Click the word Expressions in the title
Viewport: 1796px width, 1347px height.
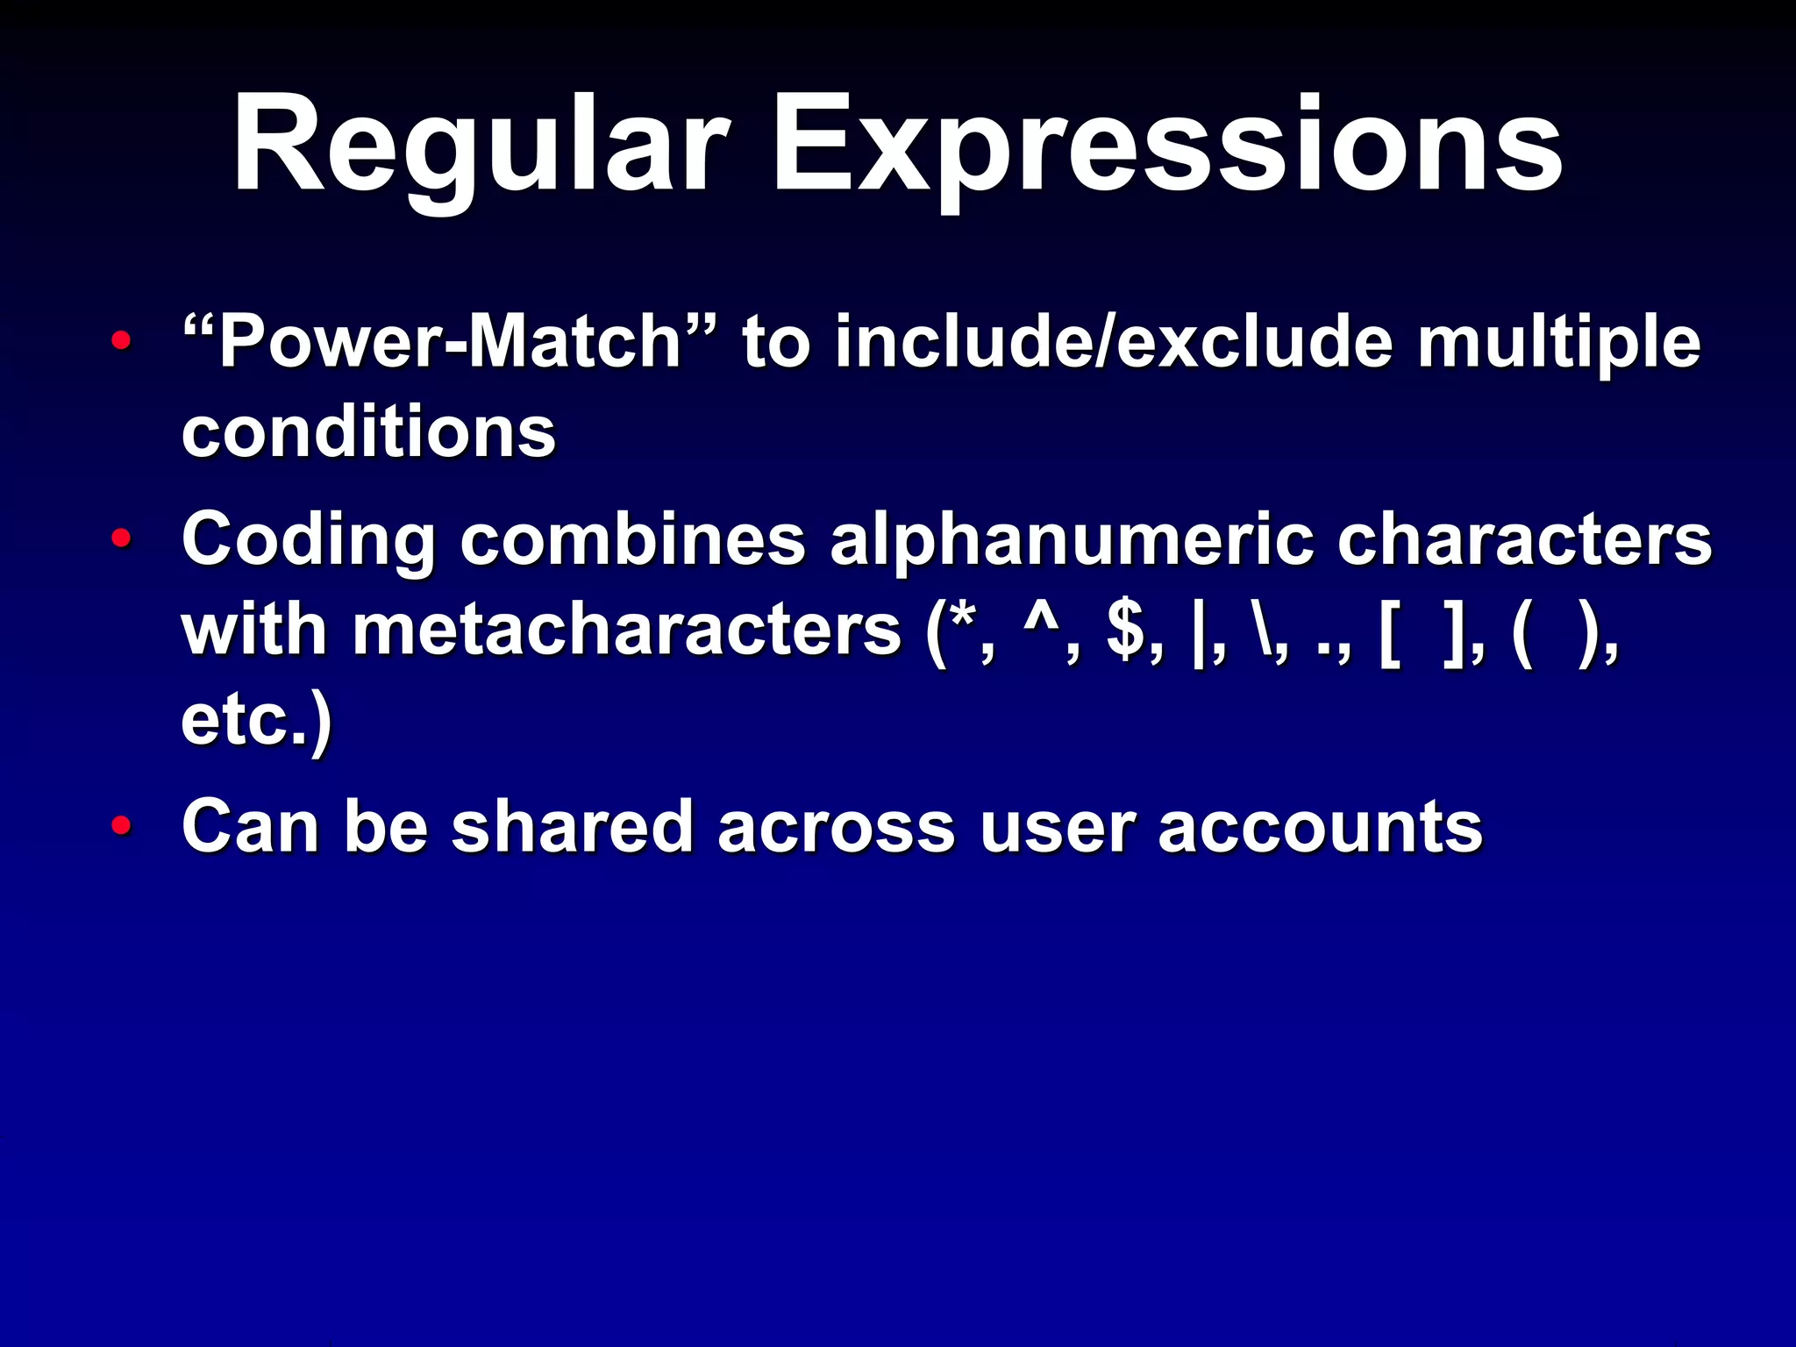click(x=1166, y=145)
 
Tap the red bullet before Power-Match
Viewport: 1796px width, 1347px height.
click(x=122, y=340)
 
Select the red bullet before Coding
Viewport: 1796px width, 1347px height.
click(x=122, y=538)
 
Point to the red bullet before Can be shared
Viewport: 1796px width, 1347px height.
click(x=122, y=825)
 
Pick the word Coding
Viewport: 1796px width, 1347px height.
click(x=308, y=540)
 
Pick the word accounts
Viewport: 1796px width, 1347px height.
click(x=1320, y=826)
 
